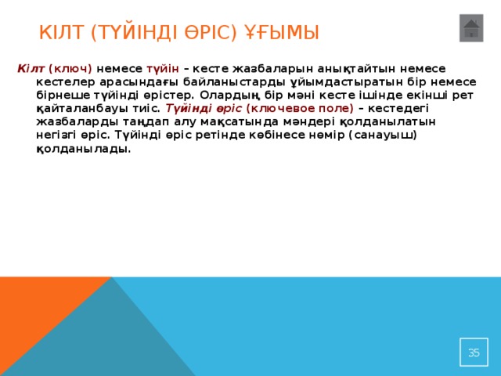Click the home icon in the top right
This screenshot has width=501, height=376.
(x=471, y=28)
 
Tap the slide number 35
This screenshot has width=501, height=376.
(x=474, y=352)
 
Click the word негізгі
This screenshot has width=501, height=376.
(x=56, y=135)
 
